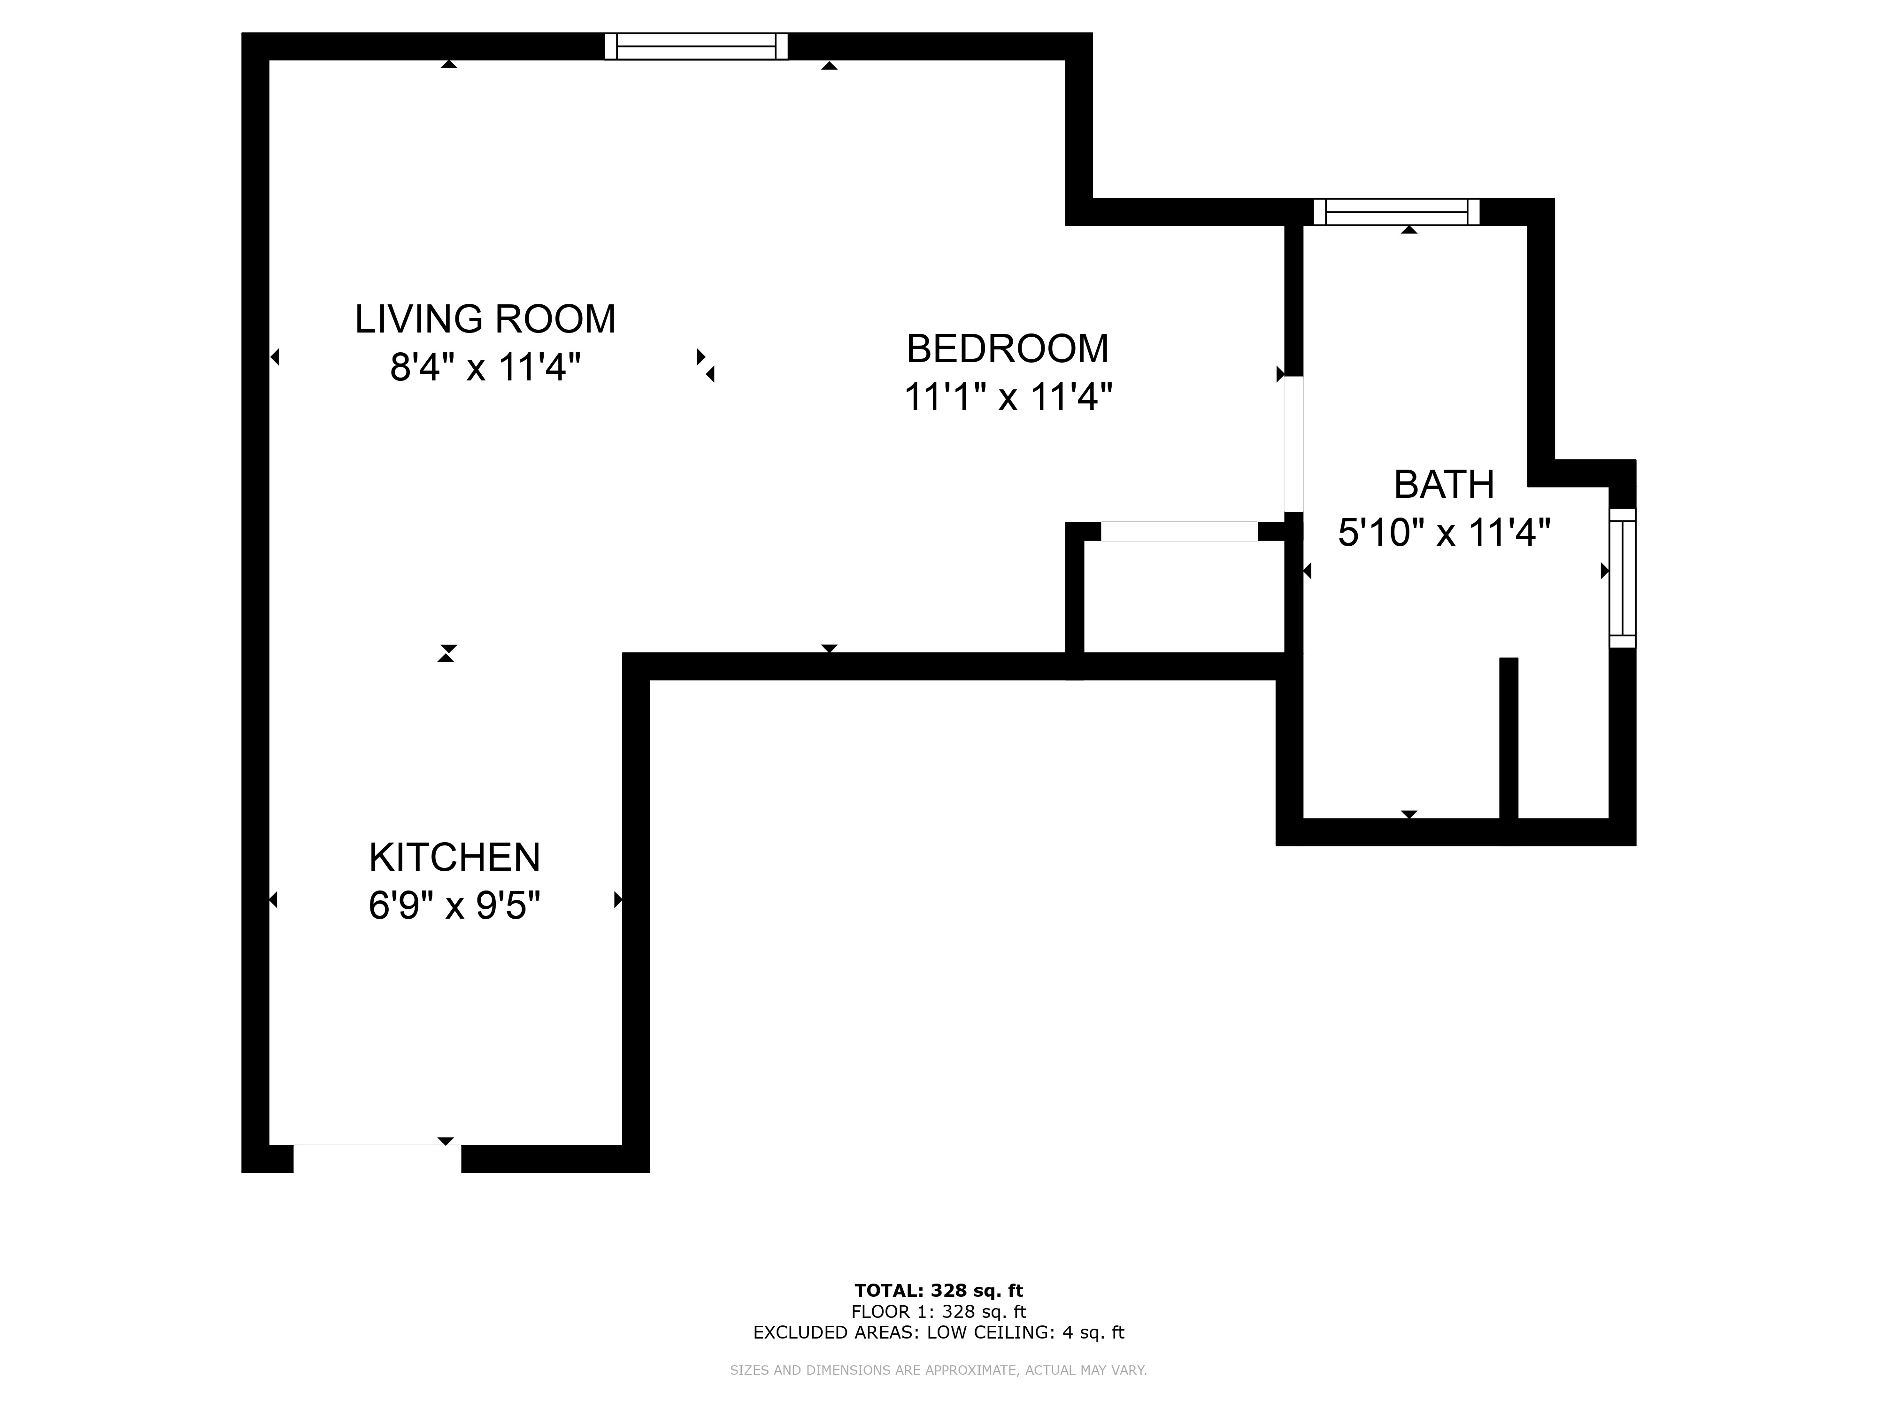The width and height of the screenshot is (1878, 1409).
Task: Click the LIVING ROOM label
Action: (485, 319)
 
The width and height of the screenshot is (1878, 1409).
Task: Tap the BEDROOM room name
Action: (1008, 349)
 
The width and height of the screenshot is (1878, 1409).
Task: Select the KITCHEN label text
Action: (454, 858)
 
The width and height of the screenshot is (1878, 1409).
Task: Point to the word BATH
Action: (1444, 485)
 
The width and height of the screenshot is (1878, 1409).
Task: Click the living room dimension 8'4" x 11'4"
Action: (485, 368)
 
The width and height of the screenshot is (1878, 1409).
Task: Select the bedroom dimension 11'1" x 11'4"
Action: (1008, 396)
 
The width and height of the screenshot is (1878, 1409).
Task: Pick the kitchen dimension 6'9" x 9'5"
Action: (454, 906)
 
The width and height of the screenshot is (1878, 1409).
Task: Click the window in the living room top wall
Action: (696, 46)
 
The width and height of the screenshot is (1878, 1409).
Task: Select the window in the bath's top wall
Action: (1397, 211)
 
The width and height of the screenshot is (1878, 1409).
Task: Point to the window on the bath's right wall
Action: (1623, 578)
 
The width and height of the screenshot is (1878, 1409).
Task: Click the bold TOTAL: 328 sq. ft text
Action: (939, 1292)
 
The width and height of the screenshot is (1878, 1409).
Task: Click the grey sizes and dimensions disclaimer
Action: (939, 1370)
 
